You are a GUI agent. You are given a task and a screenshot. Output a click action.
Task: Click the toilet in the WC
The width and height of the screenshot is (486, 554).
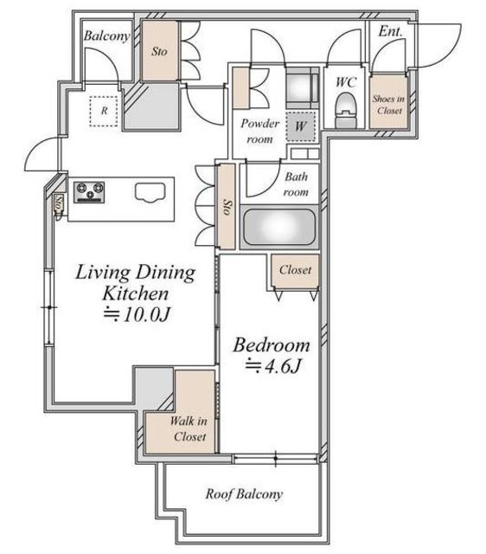pyautogui.click(x=346, y=110)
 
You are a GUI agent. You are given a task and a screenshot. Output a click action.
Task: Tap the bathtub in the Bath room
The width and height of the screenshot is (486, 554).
pyautogui.click(x=279, y=227)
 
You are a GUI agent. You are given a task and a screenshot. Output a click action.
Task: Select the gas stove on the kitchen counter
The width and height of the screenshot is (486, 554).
pyautogui.click(x=89, y=192)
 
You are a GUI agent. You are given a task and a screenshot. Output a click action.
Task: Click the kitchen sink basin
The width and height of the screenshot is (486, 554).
pyautogui.click(x=150, y=192)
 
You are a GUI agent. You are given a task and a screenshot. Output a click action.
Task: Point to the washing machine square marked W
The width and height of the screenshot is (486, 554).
pyautogui.click(x=300, y=126)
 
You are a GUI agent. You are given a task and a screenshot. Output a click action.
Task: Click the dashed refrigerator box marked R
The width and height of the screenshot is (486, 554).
pyautogui.click(x=104, y=111)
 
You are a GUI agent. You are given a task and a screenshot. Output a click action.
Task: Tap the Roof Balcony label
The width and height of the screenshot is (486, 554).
pyautogui.click(x=244, y=494)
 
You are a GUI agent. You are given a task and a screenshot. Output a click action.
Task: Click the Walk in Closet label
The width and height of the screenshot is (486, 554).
pyautogui.click(x=189, y=429)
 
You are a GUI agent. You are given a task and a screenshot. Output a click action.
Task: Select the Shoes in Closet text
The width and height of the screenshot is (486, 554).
pyautogui.click(x=388, y=105)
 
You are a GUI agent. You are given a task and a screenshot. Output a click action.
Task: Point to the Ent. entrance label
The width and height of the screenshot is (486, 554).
pyautogui.click(x=390, y=31)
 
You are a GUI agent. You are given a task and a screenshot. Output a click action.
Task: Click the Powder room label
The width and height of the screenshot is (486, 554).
pyautogui.click(x=259, y=131)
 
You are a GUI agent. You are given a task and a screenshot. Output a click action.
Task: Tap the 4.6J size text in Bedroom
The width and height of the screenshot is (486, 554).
pyautogui.click(x=272, y=366)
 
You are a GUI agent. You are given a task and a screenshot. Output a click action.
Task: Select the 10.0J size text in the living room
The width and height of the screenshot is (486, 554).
pyautogui.click(x=137, y=313)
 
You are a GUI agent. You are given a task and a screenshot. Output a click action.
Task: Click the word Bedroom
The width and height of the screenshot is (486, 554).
pyautogui.click(x=272, y=345)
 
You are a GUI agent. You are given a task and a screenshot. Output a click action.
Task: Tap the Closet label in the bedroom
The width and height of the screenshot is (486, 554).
pyautogui.click(x=295, y=270)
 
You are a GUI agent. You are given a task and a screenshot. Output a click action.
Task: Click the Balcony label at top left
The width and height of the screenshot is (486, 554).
pyautogui.click(x=106, y=35)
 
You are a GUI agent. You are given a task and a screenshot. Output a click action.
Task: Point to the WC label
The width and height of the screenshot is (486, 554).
pyautogui.click(x=346, y=82)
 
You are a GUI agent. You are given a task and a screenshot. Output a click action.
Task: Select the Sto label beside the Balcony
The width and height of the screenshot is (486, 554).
pyautogui.click(x=159, y=52)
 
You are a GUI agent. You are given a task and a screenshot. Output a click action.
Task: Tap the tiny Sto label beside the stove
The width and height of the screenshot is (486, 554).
pyautogui.click(x=59, y=203)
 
